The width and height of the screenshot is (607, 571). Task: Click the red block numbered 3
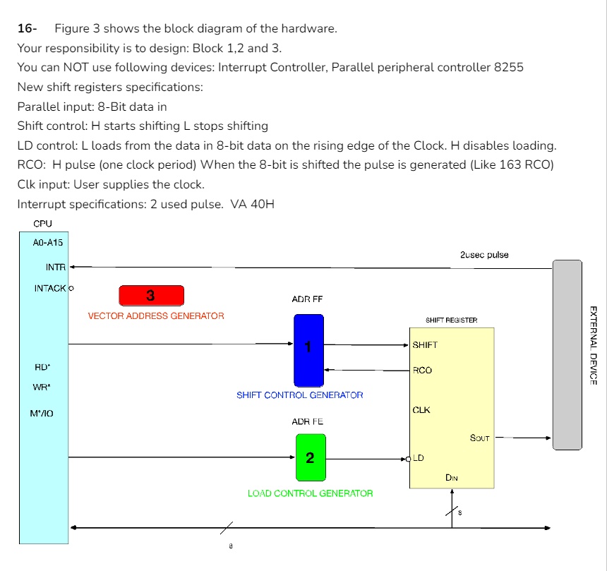coord(151,295)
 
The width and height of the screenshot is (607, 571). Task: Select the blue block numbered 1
coord(308,350)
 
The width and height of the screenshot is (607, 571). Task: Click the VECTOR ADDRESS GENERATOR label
coord(156,316)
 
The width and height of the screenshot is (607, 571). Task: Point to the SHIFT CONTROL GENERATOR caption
coord(300,395)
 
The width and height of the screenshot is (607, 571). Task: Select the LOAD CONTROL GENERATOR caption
coord(310,493)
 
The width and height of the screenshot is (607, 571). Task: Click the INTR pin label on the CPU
coord(55,268)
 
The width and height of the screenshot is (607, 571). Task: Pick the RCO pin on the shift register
coord(422,371)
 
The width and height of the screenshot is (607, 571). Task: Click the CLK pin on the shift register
coord(421,410)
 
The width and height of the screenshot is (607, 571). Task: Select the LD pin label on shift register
coord(419,458)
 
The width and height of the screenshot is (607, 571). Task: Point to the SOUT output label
coord(479,438)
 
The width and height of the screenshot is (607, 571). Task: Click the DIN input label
coord(452,478)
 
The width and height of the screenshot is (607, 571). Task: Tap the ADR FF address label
coord(307,300)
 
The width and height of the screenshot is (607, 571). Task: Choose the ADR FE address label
coord(307,422)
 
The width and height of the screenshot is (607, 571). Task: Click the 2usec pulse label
coord(483,255)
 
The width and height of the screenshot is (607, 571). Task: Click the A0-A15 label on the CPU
coord(47,243)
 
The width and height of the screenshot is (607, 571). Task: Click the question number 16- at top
coord(27,29)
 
